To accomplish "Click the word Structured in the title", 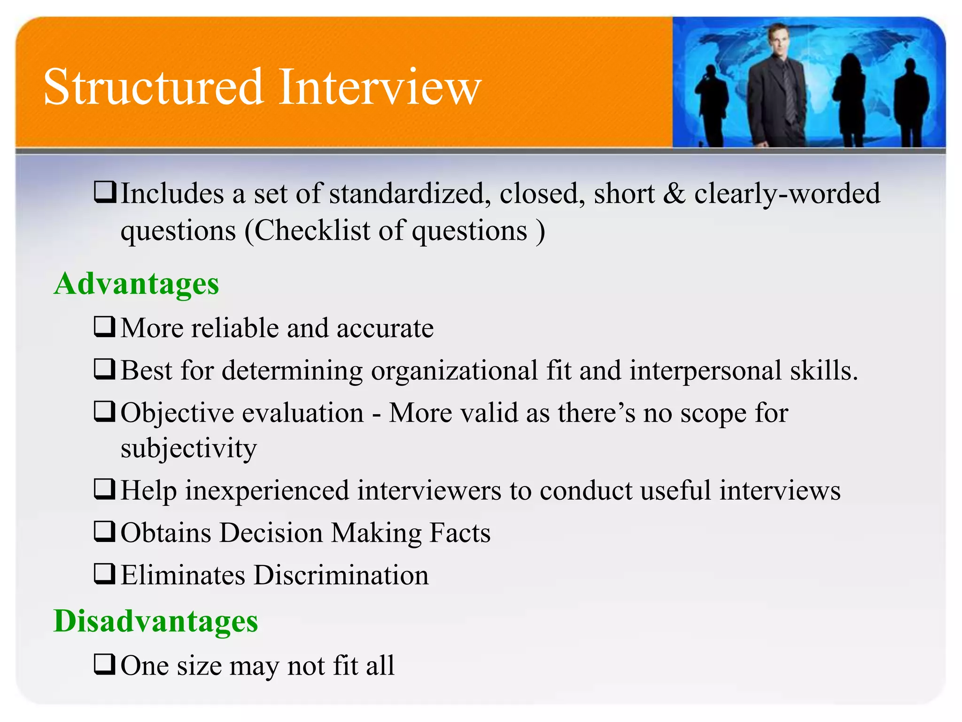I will coord(153,87).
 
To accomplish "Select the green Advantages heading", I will coord(136,284).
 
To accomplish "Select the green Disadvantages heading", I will coord(155,621).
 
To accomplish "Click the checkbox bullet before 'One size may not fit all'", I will coord(104,664).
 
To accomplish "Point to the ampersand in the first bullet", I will coord(674,194).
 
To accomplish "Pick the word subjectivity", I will coord(188,448).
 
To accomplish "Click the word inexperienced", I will coord(267,491).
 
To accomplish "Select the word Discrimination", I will coord(341,575).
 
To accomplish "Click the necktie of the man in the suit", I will coord(789,94).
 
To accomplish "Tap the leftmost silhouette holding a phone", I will coord(711,106).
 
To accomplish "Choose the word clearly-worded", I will coord(787,194).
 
